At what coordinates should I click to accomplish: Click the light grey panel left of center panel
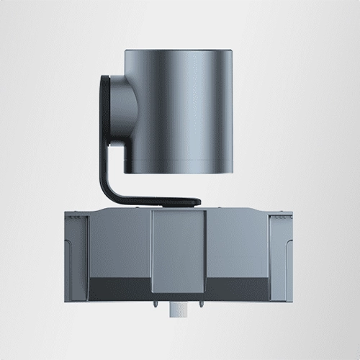(119, 245)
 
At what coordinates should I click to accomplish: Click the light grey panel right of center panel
(238, 245)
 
